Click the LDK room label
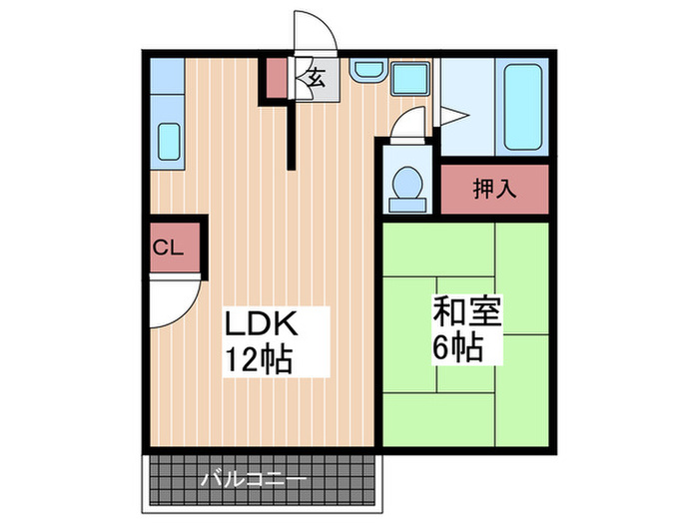click(x=261, y=323)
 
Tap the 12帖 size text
click(x=259, y=358)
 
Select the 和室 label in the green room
click(x=467, y=310)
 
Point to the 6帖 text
click(x=458, y=347)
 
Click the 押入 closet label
click(x=495, y=188)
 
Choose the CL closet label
click(x=168, y=248)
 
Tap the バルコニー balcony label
click(x=254, y=480)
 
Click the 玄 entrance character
click(x=317, y=78)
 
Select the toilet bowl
click(x=407, y=183)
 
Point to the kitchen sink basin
click(x=170, y=142)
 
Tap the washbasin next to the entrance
click(x=368, y=71)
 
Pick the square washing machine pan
click(x=410, y=79)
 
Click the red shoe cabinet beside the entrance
click(x=277, y=78)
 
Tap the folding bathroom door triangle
click(x=451, y=116)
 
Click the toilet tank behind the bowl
click(x=407, y=205)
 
